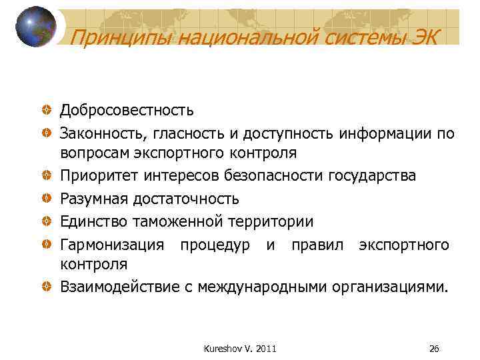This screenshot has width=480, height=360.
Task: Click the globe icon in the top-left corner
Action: (x=35, y=27)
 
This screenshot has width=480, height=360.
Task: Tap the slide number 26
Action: (x=434, y=349)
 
